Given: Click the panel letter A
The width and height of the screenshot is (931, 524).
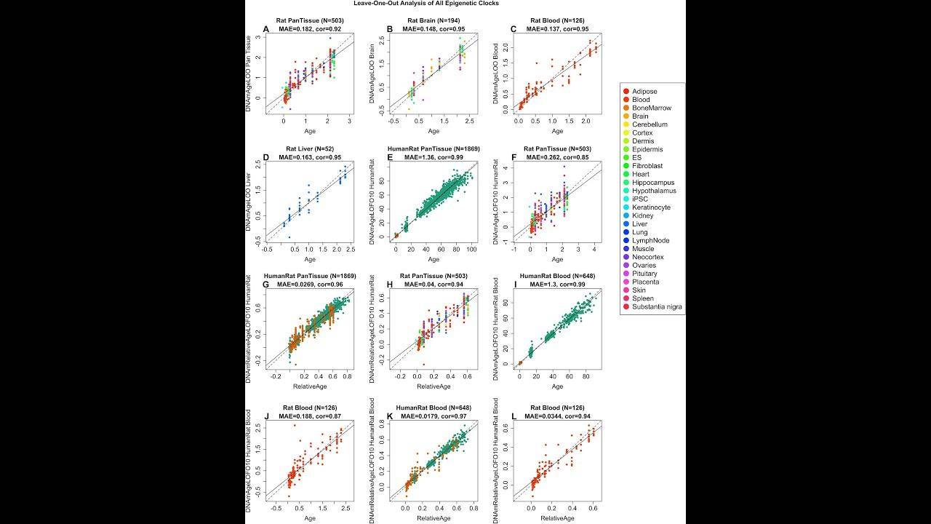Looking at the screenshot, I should click(x=266, y=29).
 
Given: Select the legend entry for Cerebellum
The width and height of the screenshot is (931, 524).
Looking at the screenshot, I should click(x=650, y=124).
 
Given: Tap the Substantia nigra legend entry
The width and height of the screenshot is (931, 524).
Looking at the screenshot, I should click(x=657, y=306).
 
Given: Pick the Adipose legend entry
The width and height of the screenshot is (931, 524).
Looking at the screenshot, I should click(x=644, y=92).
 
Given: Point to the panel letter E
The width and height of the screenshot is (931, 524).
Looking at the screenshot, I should click(x=391, y=157).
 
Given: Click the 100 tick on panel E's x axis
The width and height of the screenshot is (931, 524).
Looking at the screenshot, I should click(x=471, y=250).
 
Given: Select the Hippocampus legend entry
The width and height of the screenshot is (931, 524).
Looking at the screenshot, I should click(x=653, y=183).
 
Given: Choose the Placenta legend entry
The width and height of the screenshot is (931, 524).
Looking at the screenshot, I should click(x=646, y=282).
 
